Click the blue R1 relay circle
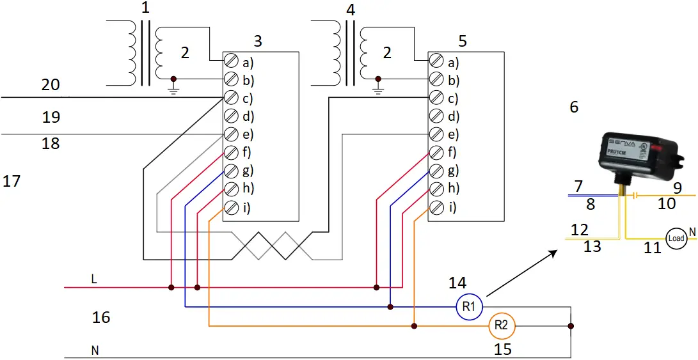(x=468, y=307)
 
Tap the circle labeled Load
(x=676, y=239)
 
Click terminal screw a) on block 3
(x=231, y=62)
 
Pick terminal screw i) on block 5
(x=436, y=207)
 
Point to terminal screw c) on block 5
(x=436, y=98)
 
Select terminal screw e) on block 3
(x=231, y=134)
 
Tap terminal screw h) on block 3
(x=231, y=189)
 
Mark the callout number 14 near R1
(x=457, y=282)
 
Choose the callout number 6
(x=574, y=107)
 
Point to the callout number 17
(x=12, y=182)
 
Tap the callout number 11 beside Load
(x=652, y=248)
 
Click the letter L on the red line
(x=94, y=279)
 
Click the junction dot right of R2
(x=571, y=326)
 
